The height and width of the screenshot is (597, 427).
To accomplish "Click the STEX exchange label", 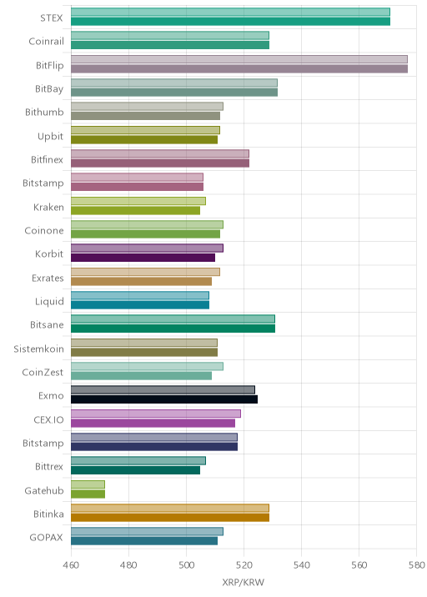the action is coord(52,18).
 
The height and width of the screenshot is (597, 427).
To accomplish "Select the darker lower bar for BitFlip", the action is coord(239,69).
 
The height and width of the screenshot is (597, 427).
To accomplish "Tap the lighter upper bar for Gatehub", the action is coord(88,484).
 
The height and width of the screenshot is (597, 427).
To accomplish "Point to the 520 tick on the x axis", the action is coord(244,565).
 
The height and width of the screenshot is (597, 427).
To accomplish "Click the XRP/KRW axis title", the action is coord(243,582).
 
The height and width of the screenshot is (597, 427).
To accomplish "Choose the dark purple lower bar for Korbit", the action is coord(143,258).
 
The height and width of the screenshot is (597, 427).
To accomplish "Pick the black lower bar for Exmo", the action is coord(164,399).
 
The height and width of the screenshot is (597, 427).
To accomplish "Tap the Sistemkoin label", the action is coord(38,349).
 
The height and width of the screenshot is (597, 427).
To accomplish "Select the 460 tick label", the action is coord(71,565).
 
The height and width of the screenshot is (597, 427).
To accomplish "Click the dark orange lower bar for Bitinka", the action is coord(170,518).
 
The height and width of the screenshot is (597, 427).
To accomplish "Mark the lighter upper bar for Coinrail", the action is coord(170,35).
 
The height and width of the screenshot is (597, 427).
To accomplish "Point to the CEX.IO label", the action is coord(48,419).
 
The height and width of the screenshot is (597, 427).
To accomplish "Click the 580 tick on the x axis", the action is coord(416,565).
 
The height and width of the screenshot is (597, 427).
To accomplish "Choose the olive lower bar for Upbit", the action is coord(144,140).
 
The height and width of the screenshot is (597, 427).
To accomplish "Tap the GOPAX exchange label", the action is coord(46,537).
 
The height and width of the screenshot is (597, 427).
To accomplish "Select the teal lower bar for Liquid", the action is coord(140,305).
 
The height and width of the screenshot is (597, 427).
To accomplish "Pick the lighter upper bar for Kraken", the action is coord(138,201).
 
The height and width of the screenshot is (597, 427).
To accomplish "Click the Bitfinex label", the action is coord(47,159).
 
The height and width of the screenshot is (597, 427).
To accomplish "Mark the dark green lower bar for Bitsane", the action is coord(173,329).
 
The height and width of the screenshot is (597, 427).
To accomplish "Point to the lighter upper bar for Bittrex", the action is coord(138,461).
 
